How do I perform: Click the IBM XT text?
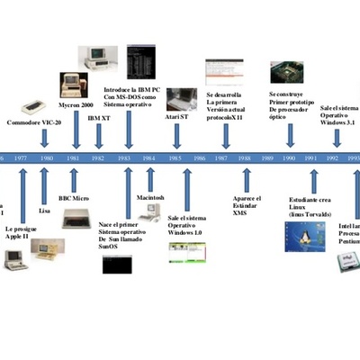(100, 118)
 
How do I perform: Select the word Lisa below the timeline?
(44, 210)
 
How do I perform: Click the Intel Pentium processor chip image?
(344, 262)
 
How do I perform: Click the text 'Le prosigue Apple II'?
(22, 235)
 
